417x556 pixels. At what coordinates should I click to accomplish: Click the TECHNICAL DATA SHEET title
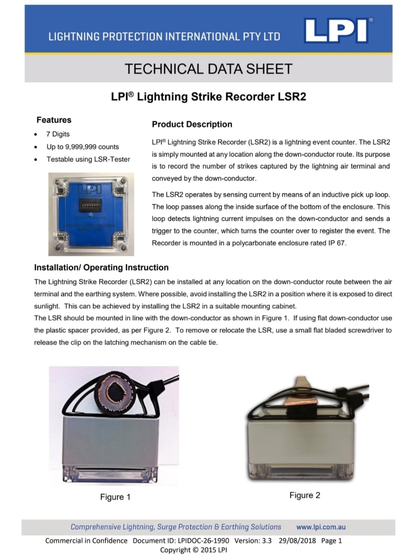pyautogui.click(x=208, y=69)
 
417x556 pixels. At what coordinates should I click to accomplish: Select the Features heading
pyautogui.click(x=54, y=120)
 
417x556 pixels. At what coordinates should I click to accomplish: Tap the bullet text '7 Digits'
pyautogui.click(x=58, y=134)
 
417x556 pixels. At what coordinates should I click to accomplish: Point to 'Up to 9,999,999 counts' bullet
pyautogui.click(x=83, y=147)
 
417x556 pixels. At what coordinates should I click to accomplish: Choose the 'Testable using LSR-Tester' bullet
pyautogui.click(x=88, y=159)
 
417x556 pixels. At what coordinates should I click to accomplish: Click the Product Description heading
pyautogui.click(x=192, y=125)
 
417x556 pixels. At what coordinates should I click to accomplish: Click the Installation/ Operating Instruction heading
pyautogui.click(x=101, y=268)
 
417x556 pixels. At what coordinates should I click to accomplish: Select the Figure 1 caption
pyautogui.click(x=115, y=497)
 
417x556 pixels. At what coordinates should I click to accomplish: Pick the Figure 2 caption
pyautogui.click(x=305, y=495)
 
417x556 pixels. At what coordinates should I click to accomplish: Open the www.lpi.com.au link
pyautogui.click(x=321, y=527)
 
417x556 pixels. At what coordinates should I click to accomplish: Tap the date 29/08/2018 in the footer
pyautogui.click(x=297, y=541)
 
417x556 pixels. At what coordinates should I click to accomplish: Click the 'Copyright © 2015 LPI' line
pyautogui.click(x=193, y=550)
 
